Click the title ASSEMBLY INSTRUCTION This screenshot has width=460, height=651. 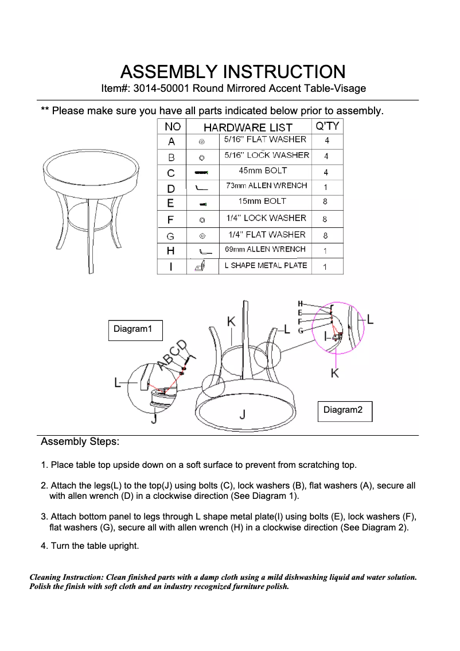(232, 72)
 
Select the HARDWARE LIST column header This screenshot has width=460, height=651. (248, 127)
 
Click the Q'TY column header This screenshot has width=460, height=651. (326, 126)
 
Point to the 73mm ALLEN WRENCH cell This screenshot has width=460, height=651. (266, 186)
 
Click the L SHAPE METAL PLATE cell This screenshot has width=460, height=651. (266, 265)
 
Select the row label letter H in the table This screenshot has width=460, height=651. (171, 251)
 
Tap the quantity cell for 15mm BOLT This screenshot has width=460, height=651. (325, 202)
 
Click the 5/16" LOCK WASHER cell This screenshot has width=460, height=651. (266, 155)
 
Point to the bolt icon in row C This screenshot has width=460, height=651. (202, 172)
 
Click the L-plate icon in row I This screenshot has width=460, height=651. (201, 266)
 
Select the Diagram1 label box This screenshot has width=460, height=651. (133, 330)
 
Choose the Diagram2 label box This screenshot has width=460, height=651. (343, 410)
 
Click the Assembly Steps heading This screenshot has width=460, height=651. (80, 442)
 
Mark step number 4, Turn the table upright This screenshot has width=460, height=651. (89, 546)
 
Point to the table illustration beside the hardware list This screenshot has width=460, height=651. (92, 201)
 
